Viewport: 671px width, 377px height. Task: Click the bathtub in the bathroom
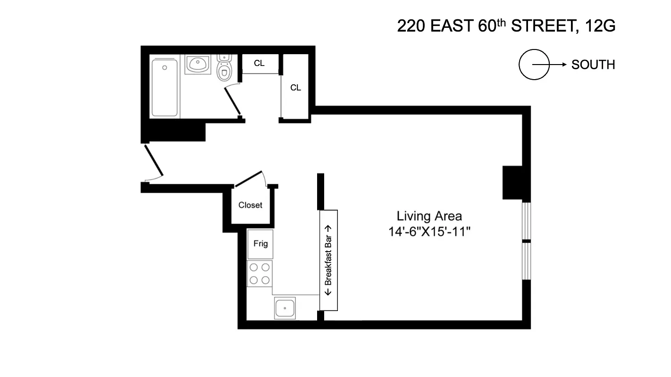[x=165, y=88]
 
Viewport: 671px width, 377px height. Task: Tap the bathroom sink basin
[x=198, y=65]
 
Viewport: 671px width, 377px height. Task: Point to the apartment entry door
[x=153, y=161]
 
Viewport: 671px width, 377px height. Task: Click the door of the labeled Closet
[x=248, y=179]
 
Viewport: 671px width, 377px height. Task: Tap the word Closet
[x=250, y=205]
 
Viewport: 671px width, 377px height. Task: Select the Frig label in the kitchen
[x=260, y=244]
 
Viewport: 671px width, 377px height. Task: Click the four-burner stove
[x=260, y=274]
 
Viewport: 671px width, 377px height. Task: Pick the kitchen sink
[x=285, y=308]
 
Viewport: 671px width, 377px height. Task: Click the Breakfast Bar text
[x=329, y=260]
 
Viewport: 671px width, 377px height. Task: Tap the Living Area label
[x=429, y=216]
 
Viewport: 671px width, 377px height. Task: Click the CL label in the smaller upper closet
[x=259, y=63]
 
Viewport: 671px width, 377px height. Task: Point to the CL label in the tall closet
[x=295, y=88]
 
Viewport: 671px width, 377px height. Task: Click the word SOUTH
[x=593, y=65]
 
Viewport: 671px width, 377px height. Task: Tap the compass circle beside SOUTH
[x=534, y=65]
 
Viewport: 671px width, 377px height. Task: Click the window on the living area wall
[x=526, y=241]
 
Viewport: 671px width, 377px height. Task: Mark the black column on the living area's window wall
[x=512, y=183]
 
